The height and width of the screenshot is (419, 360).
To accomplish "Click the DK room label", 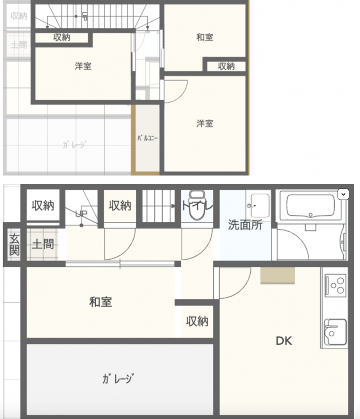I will coord(284,341).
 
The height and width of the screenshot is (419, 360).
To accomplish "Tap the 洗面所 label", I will coord(245,225).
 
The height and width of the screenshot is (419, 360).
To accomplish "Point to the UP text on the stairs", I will coord(81,213).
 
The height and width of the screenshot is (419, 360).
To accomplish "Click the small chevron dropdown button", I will coord(343,194).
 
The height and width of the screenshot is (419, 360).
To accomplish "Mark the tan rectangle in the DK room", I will coord(277,275).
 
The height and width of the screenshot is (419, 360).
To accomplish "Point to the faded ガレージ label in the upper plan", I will coord(74,145).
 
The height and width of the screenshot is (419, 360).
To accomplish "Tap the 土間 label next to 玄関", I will coord(43,244).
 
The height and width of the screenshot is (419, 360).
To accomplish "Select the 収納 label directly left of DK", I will coord(197,321).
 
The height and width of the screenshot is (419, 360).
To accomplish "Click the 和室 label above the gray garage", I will coord(100,302).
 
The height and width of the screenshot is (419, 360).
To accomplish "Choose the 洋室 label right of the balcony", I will coord(205,123).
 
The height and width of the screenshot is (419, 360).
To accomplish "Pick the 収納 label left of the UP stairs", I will coord(43,206).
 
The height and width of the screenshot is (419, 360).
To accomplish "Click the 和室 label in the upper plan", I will coord(205,37).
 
